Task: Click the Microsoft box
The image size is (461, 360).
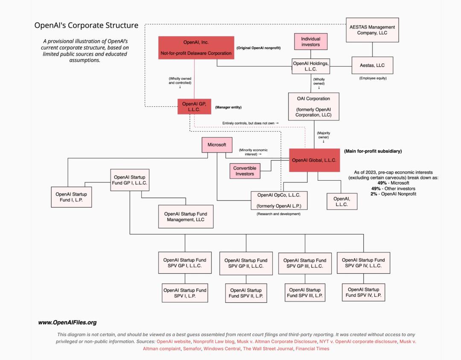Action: click(217, 145)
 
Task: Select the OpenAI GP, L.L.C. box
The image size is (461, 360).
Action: click(194, 106)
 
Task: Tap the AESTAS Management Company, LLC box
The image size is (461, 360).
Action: click(372, 30)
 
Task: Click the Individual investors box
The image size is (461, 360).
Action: click(311, 41)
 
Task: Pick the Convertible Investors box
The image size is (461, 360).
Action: click(245, 171)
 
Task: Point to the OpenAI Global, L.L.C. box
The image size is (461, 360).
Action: click(314, 160)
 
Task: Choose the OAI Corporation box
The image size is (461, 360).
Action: click(313, 106)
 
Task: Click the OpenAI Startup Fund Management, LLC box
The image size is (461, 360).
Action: click(186, 217)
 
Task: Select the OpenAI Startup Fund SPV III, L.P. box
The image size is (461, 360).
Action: click(305, 293)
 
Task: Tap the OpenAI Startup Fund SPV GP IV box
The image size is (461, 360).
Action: click(363, 263)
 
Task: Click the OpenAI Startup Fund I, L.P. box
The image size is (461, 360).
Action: click(71, 197)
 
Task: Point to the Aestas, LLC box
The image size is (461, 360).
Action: click(372, 65)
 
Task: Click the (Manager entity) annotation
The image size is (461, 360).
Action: click(228, 107)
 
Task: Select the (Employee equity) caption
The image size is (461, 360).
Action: click(373, 78)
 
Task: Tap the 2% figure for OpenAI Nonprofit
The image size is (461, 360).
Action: click(373, 194)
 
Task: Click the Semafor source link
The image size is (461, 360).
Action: click(192, 348)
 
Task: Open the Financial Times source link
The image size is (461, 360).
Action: click(312, 348)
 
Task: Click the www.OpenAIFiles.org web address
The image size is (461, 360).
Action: click(67, 322)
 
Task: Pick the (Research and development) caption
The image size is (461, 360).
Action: click(279, 214)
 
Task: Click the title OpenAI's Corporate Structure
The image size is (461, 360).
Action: click(86, 25)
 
